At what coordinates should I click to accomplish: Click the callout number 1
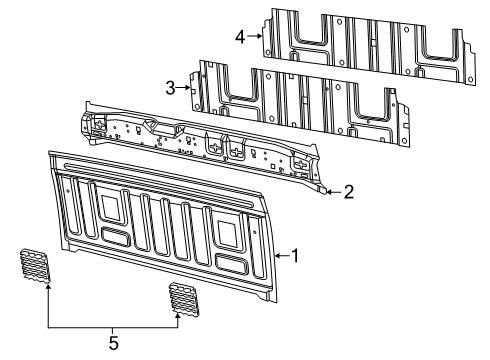[x=295, y=256]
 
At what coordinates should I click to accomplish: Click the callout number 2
[x=347, y=190]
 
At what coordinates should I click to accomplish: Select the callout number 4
[x=240, y=37]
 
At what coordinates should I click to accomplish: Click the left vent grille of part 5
[x=35, y=267]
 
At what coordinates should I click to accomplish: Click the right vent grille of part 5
[x=182, y=298]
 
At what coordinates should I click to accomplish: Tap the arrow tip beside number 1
[x=275, y=256]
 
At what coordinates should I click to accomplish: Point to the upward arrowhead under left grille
[x=47, y=289]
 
